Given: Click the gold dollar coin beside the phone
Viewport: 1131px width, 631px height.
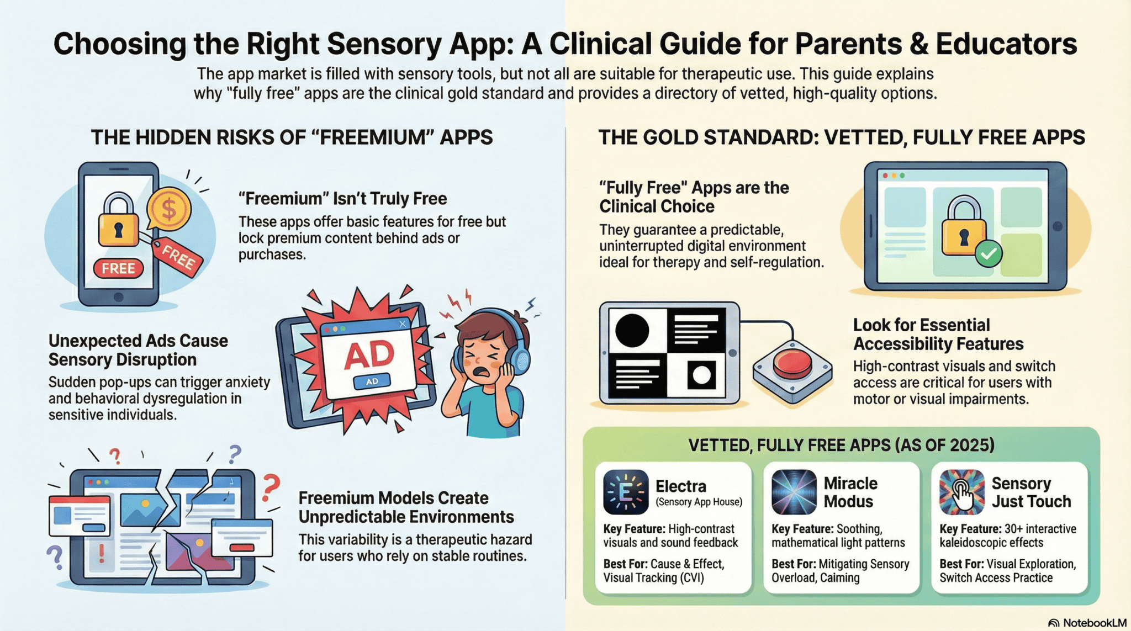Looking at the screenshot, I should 169,209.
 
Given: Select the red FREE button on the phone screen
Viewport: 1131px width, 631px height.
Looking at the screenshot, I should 118,268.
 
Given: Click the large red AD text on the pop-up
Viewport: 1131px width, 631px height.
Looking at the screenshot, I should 369,355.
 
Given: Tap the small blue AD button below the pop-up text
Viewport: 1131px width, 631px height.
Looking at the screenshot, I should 372,381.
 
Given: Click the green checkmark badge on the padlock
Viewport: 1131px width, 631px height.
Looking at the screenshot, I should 989,254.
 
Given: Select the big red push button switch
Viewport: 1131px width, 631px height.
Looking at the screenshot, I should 793,363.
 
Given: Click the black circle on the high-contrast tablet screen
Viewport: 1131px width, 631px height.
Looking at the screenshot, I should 632,331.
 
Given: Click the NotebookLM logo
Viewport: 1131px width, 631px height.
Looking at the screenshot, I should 1087,623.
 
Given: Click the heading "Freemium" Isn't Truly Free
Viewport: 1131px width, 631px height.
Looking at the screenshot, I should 342,199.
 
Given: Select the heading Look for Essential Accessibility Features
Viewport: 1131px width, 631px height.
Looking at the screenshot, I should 938,335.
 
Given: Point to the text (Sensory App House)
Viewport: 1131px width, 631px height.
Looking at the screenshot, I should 699,502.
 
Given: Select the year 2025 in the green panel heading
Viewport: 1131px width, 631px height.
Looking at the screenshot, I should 968,445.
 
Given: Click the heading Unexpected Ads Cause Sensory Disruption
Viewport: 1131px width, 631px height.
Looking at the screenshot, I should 138,350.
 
